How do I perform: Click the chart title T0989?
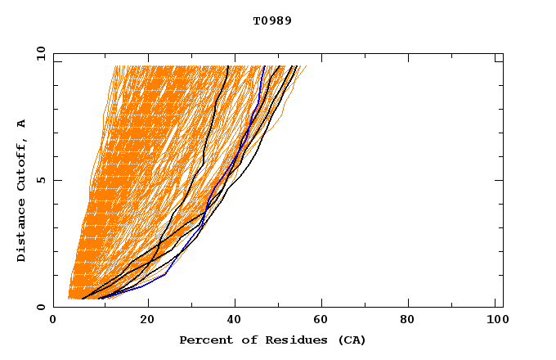click(272, 20)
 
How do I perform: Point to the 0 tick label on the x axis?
click(53, 322)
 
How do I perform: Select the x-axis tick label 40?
click(236, 322)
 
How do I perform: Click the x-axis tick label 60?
click(325, 322)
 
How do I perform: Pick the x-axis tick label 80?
click(413, 322)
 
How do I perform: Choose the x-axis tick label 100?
click(495, 322)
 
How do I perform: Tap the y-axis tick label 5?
click(41, 180)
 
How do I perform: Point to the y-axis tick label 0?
click(41, 307)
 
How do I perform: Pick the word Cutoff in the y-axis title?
click(22, 163)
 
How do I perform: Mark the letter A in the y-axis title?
click(22, 124)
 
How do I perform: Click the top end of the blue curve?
click(263, 66)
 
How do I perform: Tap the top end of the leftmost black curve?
click(227, 66)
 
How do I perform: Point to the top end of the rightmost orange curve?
click(306, 66)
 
